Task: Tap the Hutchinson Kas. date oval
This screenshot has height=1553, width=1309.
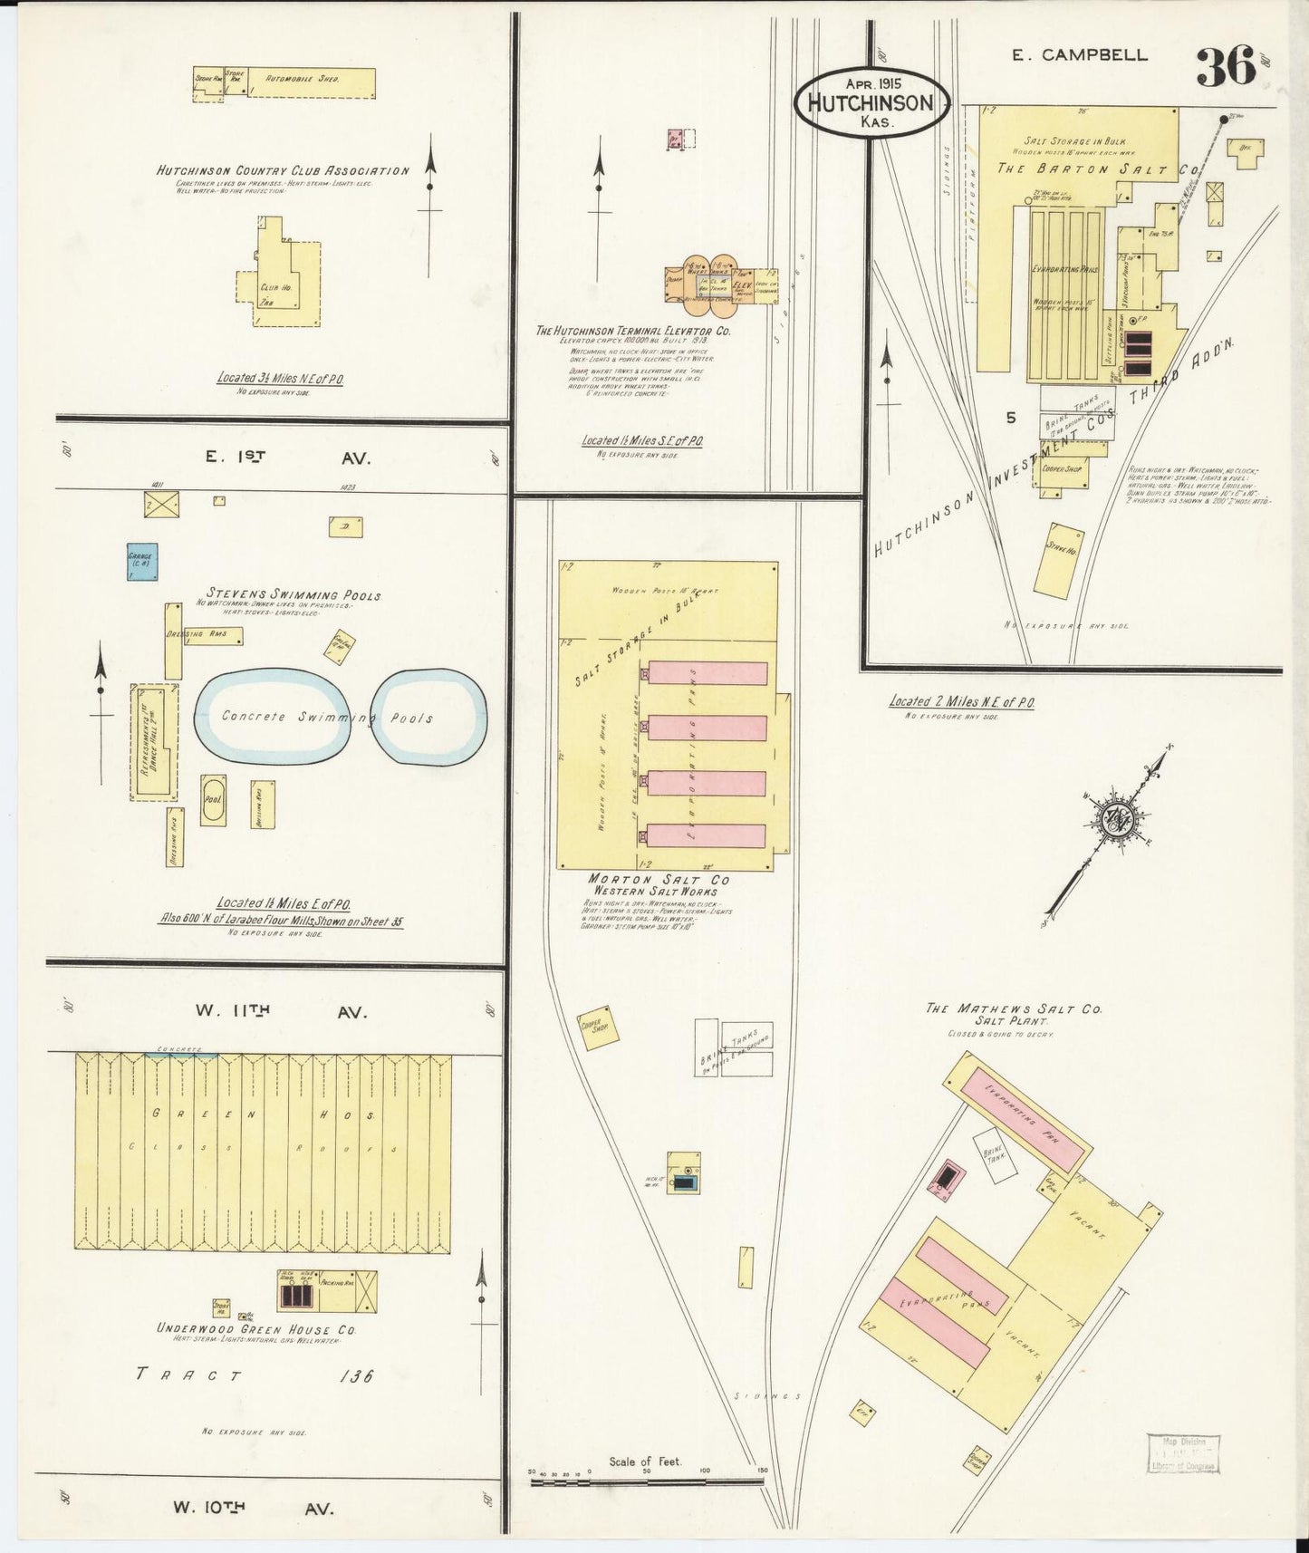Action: (x=871, y=102)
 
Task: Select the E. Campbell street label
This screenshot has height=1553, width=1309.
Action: (x=1079, y=55)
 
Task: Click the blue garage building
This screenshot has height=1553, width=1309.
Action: (x=141, y=561)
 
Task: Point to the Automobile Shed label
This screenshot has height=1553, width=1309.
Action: (x=303, y=80)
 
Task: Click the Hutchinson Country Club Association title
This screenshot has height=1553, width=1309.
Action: (x=283, y=170)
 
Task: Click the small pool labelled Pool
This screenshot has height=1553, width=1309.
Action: (x=214, y=800)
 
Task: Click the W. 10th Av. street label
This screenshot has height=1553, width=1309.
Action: (x=253, y=1509)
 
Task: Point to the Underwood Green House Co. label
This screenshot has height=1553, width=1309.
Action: (x=256, y=1329)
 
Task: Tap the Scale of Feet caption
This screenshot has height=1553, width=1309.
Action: (x=645, y=1461)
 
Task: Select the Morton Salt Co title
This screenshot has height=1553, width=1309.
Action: (x=659, y=879)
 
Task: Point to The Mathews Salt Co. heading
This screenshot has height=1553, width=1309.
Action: (x=1014, y=1008)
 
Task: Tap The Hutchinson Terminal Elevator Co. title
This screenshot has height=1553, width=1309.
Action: (x=633, y=331)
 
